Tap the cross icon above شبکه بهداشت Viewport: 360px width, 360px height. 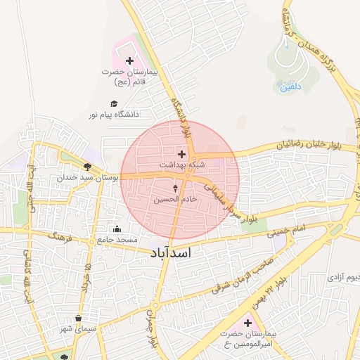tap(182, 153)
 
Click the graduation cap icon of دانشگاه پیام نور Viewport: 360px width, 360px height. tap(114, 103)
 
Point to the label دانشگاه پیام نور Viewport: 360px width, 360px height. tap(114, 113)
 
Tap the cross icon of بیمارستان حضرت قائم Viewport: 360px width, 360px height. tap(129, 61)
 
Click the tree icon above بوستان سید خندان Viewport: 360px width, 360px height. tap(87, 167)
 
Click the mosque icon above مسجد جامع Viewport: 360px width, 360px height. tap(117, 229)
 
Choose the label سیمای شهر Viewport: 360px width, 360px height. tap(78, 329)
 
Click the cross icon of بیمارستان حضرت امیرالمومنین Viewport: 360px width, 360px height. tap(247, 322)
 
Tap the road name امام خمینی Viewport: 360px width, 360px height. tap(286, 231)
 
